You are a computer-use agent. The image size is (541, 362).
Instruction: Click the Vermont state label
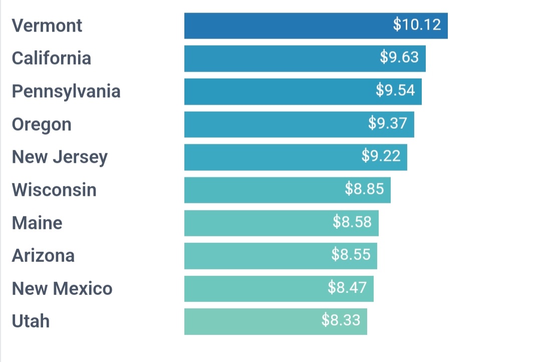pos(47,26)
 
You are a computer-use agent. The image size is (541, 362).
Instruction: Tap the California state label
pos(52,58)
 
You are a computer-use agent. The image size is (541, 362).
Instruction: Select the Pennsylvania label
pos(66,92)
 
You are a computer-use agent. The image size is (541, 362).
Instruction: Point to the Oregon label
pos(42,124)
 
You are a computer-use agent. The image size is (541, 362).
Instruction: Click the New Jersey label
pos(60,157)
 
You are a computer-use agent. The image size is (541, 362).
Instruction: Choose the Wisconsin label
pos(54,190)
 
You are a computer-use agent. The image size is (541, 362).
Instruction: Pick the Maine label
pos(37,223)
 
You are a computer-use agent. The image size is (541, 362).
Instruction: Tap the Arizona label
pos(43,255)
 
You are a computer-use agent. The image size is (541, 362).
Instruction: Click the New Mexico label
pos(62,288)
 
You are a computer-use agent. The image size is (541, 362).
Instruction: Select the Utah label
pos(31,321)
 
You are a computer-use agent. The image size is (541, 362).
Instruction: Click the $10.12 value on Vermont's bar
pos(417,25)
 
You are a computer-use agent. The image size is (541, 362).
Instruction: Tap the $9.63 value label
pos(399,57)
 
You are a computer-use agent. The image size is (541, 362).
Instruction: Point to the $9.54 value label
pos(396,90)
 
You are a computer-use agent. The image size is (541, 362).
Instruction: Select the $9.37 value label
pos(388,123)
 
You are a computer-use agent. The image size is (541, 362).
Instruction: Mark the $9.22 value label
pos(381,156)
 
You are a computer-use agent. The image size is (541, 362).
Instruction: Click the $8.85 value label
pos(365,189)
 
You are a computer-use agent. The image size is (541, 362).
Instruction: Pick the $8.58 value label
pos(352,221)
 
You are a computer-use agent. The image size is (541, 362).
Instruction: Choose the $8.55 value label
pos(351,254)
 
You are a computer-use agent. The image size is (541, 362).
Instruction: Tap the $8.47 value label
pos(347,287)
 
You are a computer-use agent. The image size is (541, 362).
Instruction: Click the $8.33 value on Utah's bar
pos(341,320)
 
